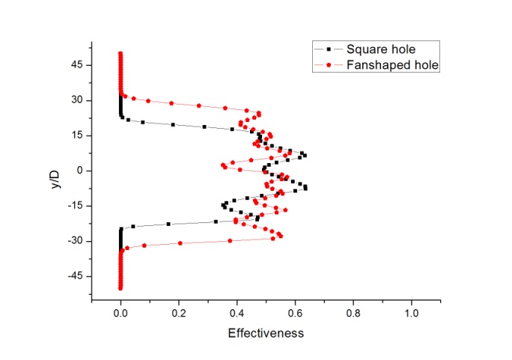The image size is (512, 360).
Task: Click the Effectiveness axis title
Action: (266, 333)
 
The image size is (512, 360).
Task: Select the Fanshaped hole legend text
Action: (392, 65)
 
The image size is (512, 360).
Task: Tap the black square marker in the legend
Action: (329, 49)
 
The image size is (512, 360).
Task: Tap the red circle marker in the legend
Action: (329, 65)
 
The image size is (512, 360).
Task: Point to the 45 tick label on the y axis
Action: (76, 65)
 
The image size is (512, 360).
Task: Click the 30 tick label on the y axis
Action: (76, 100)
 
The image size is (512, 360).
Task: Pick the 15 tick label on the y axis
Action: (76, 135)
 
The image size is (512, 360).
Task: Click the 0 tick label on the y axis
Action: (79, 171)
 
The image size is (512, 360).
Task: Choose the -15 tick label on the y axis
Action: (75, 206)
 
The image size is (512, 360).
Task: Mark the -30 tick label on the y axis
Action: (75, 241)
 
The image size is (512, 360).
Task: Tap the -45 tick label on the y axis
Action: (75, 276)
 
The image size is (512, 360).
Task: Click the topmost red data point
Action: (121, 54)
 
